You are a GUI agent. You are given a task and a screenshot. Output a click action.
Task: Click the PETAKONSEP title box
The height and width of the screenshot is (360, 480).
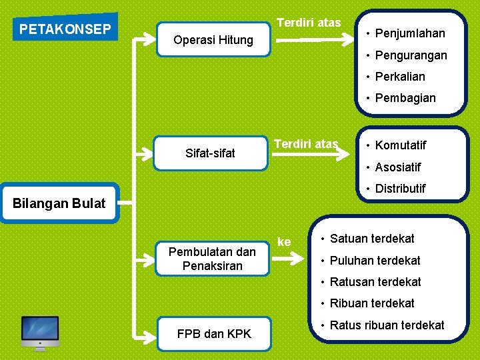[x=65, y=29]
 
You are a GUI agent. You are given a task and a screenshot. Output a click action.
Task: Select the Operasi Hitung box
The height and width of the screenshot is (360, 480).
[x=213, y=40]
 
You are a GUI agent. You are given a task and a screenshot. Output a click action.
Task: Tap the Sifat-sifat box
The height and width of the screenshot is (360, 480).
[x=210, y=153]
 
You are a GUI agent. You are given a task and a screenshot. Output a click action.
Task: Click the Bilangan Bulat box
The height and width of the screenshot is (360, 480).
[x=59, y=203]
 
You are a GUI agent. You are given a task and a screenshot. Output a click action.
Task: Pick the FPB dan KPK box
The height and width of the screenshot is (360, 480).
[x=213, y=333]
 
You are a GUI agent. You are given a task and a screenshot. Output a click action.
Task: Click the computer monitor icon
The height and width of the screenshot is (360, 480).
[x=40, y=333]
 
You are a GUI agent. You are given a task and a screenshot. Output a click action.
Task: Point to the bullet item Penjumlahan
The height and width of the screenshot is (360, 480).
[x=409, y=33]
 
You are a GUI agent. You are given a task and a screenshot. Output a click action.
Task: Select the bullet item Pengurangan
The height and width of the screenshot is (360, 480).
[x=411, y=55]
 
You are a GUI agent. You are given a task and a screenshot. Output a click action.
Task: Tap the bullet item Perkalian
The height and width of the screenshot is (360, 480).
[x=400, y=77]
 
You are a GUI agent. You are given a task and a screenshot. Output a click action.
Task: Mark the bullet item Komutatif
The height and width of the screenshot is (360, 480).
[x=401, y=145]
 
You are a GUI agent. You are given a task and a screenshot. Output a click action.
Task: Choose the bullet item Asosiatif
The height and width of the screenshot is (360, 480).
[x=398, y=167]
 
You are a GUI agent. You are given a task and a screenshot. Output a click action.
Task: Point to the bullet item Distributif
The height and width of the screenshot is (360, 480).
[x=400, y=189]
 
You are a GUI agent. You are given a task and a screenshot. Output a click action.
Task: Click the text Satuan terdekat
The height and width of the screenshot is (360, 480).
[x=372, y=239]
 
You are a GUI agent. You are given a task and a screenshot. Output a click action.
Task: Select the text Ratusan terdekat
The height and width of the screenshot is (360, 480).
[x=375, y=282]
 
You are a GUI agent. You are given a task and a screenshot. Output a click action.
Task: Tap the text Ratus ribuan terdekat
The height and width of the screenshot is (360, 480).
[x=387, y=325]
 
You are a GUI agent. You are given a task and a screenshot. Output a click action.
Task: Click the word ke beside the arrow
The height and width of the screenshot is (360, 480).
[x=284, y=242]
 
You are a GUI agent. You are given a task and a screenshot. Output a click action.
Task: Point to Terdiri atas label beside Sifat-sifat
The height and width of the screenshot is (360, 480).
[x=306, y=143]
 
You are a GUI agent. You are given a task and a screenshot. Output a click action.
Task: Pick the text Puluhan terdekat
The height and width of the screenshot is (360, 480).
[x=375, y=261]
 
